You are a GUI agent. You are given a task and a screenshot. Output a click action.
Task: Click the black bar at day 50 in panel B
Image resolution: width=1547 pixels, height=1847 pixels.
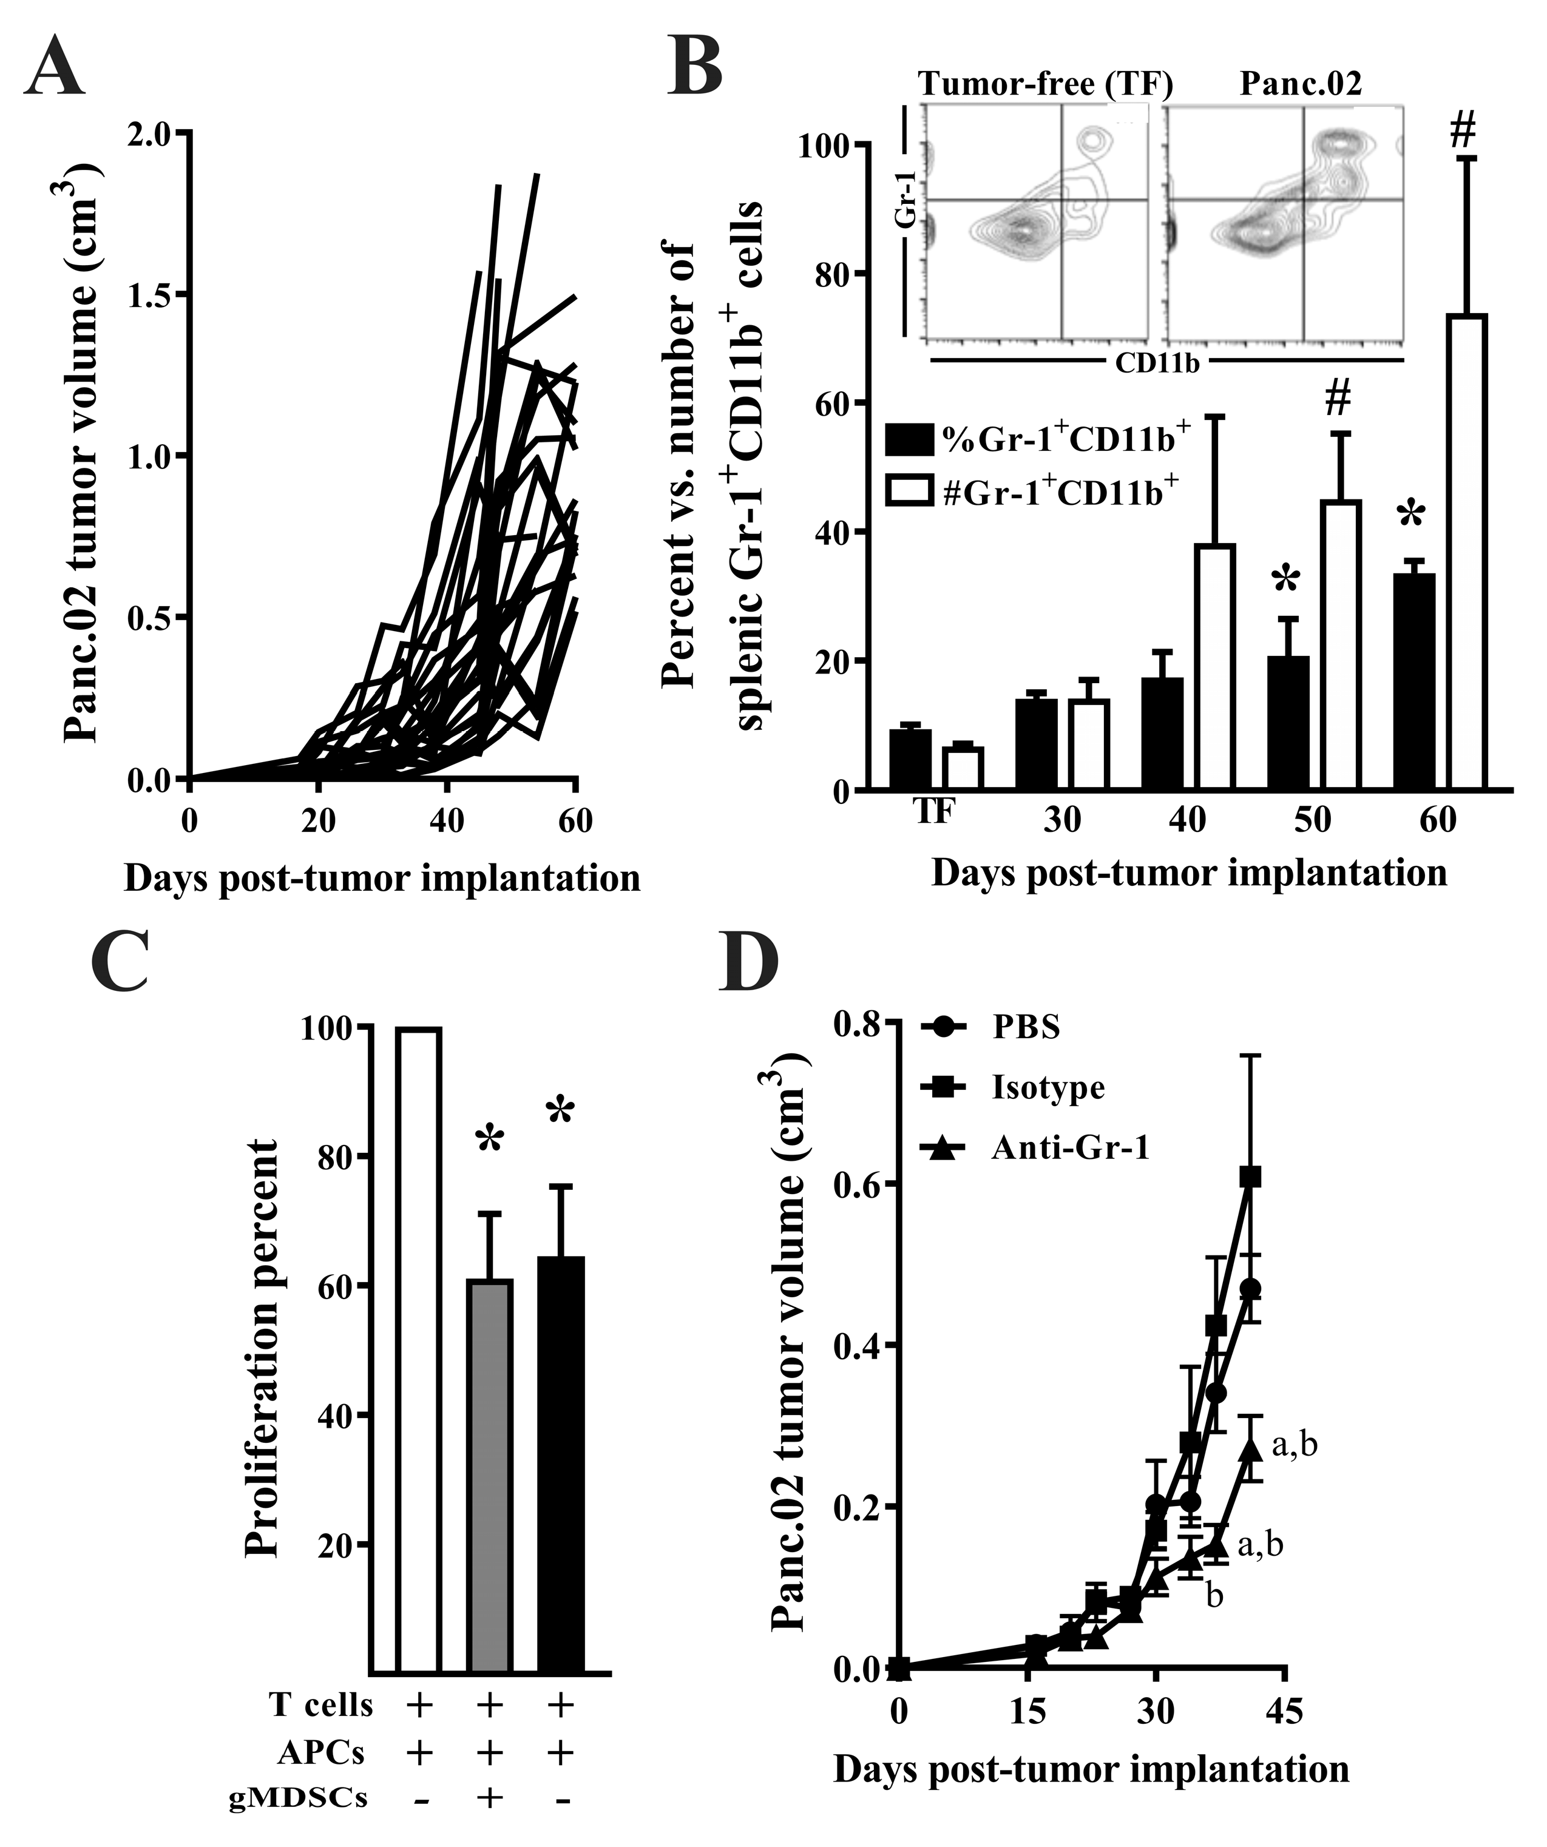click(1288, 723)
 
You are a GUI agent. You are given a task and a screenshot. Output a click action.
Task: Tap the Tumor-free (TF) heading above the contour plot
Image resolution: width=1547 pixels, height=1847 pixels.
click(1045, 84)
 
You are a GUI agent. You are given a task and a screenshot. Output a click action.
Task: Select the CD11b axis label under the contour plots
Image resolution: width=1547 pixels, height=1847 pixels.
click(1157, 363)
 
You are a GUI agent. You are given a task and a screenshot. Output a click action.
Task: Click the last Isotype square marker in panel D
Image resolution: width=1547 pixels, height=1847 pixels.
click(1251, 1177)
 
